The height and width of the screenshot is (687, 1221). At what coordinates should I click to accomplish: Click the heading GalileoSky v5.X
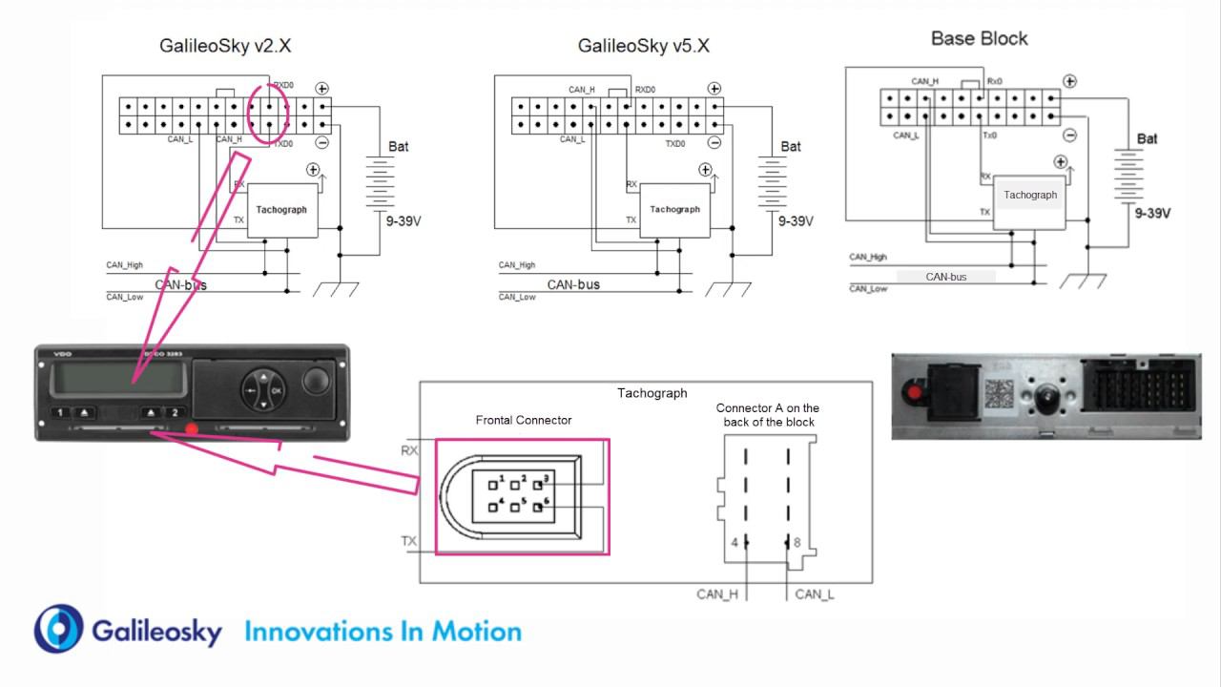[644, 46]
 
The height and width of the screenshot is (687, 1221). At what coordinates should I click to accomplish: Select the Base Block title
[979, 38]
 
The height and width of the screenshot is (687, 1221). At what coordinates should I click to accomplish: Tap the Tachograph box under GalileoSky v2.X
[281, 210]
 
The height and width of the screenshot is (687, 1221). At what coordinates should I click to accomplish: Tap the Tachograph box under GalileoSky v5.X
[674, 210]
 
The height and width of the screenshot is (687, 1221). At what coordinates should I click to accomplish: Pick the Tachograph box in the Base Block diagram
[1030, 196]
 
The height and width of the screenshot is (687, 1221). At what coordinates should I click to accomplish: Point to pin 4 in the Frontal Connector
[494, 506]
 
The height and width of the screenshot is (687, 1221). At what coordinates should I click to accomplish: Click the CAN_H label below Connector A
[717, 594]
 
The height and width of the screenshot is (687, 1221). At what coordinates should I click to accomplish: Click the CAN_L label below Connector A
[815, 594]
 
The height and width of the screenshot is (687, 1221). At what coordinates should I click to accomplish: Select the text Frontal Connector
[524, 420]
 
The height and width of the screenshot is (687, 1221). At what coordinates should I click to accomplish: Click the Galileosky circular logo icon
[59, 629]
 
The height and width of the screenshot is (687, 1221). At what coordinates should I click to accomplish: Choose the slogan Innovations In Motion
[383, 632]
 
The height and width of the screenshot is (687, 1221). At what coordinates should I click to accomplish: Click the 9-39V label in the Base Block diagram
[1153, 214]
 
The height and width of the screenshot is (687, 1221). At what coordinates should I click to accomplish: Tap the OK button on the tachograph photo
[277, 390]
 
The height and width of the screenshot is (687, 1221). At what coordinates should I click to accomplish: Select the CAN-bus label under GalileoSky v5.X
[573, 284]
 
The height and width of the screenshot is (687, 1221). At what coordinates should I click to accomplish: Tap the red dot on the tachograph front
[192, 428]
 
